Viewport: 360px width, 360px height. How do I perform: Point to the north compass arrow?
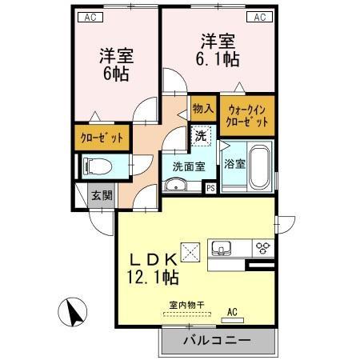pyautogui.click(x=74, y=310)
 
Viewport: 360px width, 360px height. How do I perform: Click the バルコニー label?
pyautogui.click(x=216, y=340)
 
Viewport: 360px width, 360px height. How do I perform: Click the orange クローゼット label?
pyautogui.click(x=102, y=138)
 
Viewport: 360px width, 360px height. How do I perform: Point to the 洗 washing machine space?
pyautogui.click(x=201, y=135)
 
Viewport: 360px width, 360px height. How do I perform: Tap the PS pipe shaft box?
pyautogui.click(x=210, y=188)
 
